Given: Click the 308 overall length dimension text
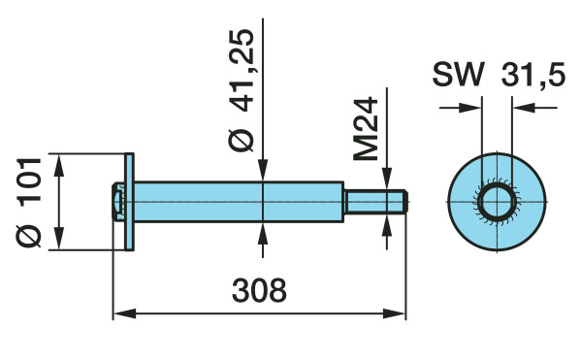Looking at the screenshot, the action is (259, 290).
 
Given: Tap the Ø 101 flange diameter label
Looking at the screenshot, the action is (28, 202).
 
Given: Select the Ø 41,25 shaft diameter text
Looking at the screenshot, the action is (241, 90).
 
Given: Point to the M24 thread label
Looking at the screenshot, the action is (366, 129).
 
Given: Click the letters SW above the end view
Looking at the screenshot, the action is (459, 75).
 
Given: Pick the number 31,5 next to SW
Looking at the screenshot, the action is (533, 76).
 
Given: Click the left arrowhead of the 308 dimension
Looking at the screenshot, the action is (124, 313).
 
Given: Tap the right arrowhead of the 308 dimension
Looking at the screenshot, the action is (394, 313).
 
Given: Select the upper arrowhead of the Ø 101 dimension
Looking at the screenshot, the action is (58, 165).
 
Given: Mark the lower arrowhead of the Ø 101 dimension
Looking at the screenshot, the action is (58, 239).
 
